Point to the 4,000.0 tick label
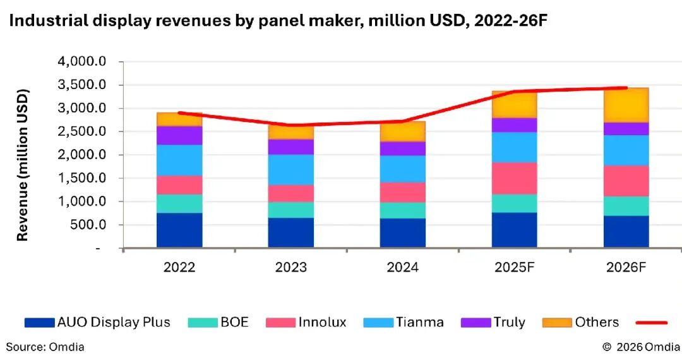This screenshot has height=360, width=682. [x=82, y=62]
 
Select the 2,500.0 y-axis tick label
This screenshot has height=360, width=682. [x=82, y=132]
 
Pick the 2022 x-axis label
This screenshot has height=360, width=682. [x=179, y=267]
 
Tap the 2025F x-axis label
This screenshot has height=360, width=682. [x=514, y=267]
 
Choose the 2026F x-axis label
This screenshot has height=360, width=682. [x=626, y=267]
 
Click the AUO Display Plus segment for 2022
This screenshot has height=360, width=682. [x=179, y=230]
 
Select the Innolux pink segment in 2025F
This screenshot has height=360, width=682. [x=514, y=178]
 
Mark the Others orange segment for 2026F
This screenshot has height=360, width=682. [x=626, y=105]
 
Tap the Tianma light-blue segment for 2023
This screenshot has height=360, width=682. [x=291, y=169]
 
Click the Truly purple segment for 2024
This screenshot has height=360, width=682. [x=402, y=148]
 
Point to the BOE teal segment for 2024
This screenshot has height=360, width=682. [x=402, y=210]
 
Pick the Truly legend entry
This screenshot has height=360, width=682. [x=493, y=323]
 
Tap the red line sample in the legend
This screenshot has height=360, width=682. [x=651, y=323]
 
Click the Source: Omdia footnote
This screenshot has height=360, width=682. [x=45, y=347]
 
